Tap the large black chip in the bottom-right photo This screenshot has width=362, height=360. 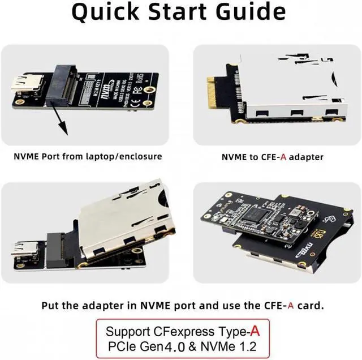258,215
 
